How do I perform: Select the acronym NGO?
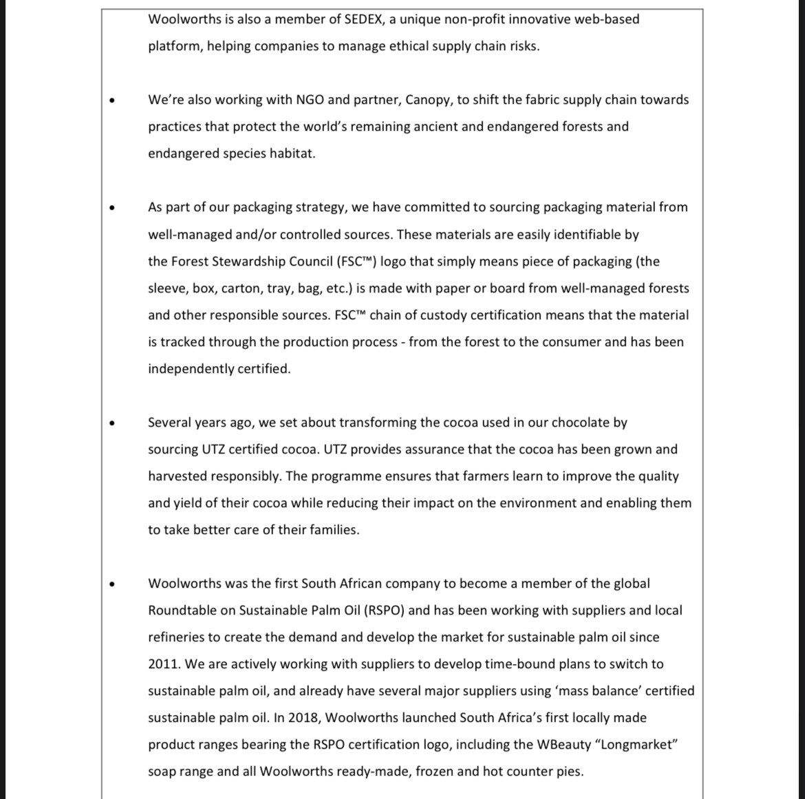coord(310,100)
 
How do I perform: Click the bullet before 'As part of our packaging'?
coord(111,208)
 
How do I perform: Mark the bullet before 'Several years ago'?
coord(111,423)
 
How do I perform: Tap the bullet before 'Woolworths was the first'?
coord(111,584)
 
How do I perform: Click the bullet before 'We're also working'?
coord(111,100)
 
